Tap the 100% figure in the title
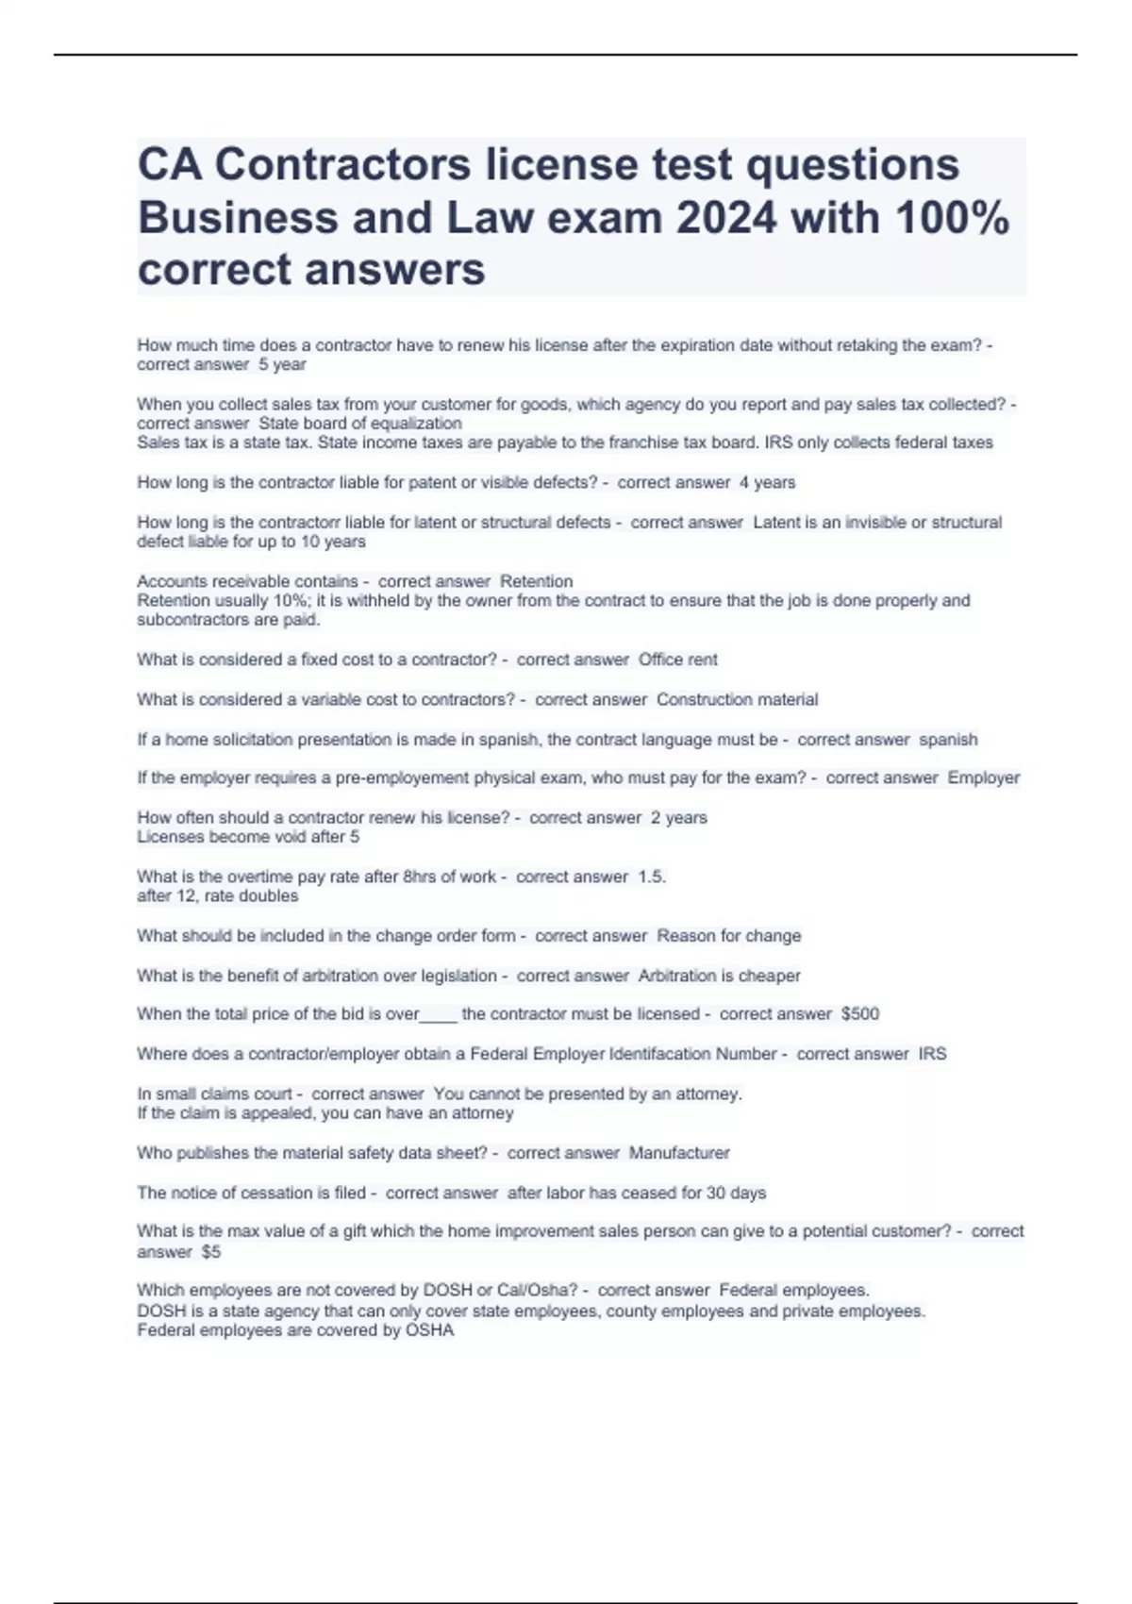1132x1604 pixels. pos(952,218)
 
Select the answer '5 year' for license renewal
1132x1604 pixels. pos(282,365)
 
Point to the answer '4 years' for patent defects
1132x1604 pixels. pos(767,483)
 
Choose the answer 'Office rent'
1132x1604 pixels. pos(677,660)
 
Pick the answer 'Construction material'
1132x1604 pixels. pos(737,700)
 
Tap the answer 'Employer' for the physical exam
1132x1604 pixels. pos(983,778)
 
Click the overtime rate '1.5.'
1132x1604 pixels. pos(652,877)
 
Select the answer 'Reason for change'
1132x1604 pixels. pos(728,936)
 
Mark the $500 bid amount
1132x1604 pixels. pos(859,1014)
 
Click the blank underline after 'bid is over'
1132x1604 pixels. pos(439,1017)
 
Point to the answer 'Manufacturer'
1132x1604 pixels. pos(679,1153)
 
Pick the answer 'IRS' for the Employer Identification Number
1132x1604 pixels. pos(932,1054)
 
